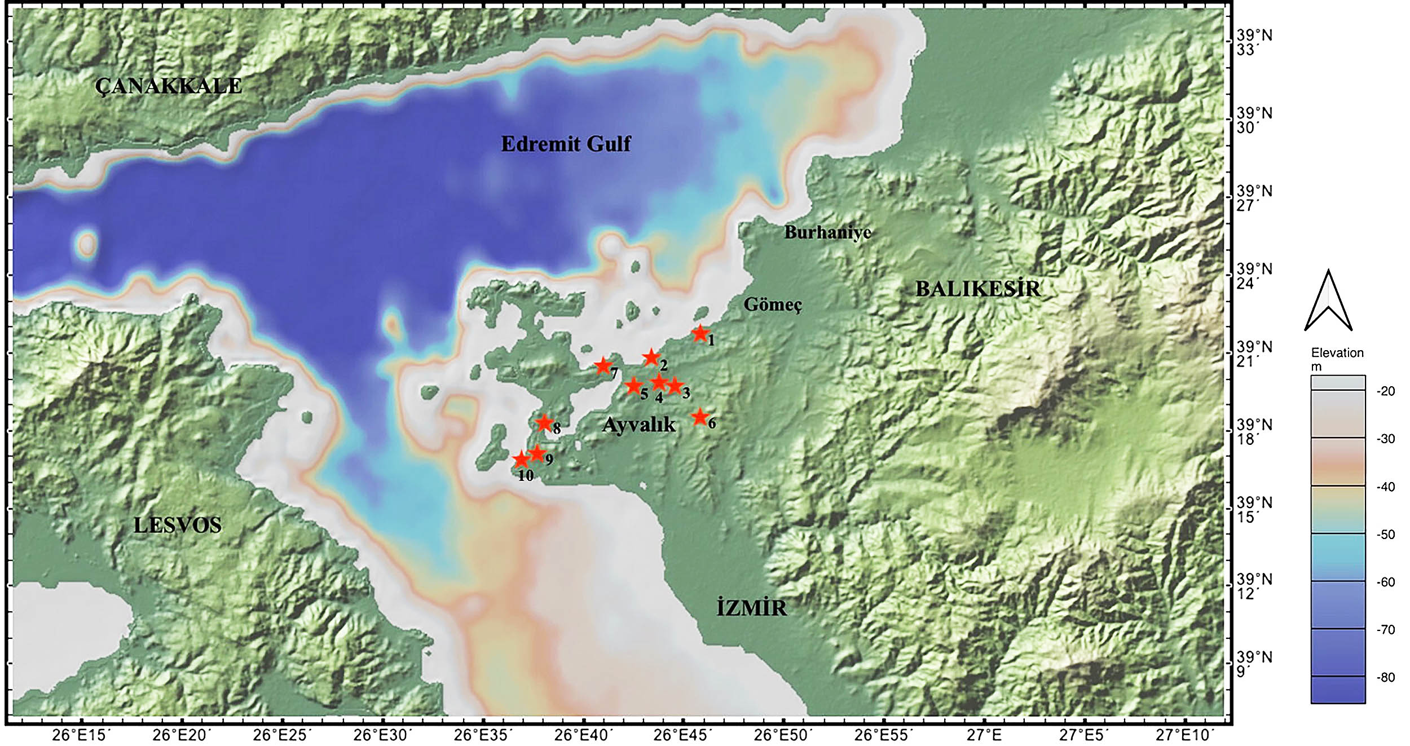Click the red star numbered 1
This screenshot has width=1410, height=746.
(x=700, y=333)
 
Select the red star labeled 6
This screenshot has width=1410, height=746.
(x=700, y=417)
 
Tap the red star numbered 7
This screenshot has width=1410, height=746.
(x=603, y=366)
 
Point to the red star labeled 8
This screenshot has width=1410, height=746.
(x=544, y=422)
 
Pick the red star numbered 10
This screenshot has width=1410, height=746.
(x=521, y=460)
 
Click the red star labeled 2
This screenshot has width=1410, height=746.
(x=651, y=357)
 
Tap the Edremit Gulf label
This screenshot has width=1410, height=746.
(x=566, y=144)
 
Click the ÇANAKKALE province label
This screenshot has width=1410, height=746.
(x=168, y=86)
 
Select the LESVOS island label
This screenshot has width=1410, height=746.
(x=177, y=526)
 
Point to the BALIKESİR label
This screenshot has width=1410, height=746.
(x=977, y=289)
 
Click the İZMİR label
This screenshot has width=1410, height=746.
(x=751, y=608)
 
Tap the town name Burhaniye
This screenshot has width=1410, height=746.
(x=827, y=232)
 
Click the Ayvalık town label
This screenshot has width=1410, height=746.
(x=638, y=425)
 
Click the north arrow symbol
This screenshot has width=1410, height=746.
(x=1328, y=302)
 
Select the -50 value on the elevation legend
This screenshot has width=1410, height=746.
(x=1386, y=534)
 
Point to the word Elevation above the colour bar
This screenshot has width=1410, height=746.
(x=1337, y=353)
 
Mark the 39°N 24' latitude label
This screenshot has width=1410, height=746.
(x=1254, y=276)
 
